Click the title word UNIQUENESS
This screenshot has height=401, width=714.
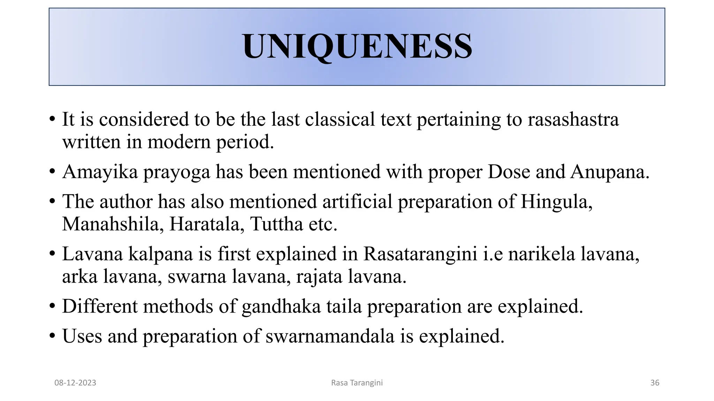coord(357,47)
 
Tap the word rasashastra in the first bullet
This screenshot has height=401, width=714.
coord(573,119)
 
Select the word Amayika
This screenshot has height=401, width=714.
coord(100,172)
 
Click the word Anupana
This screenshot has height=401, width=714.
coord(609,172)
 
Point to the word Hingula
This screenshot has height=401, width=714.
coord(556,202)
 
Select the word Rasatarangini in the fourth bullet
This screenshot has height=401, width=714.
coord(420,254)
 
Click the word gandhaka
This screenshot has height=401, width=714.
coord(281,307)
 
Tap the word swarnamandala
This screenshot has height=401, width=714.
coord(330,337)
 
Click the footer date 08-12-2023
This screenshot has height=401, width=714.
coord(75,383)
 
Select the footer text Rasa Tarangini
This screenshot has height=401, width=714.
coord(357,383)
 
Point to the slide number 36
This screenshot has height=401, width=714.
coord(655,383)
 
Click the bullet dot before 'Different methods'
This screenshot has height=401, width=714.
coord(52,307)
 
